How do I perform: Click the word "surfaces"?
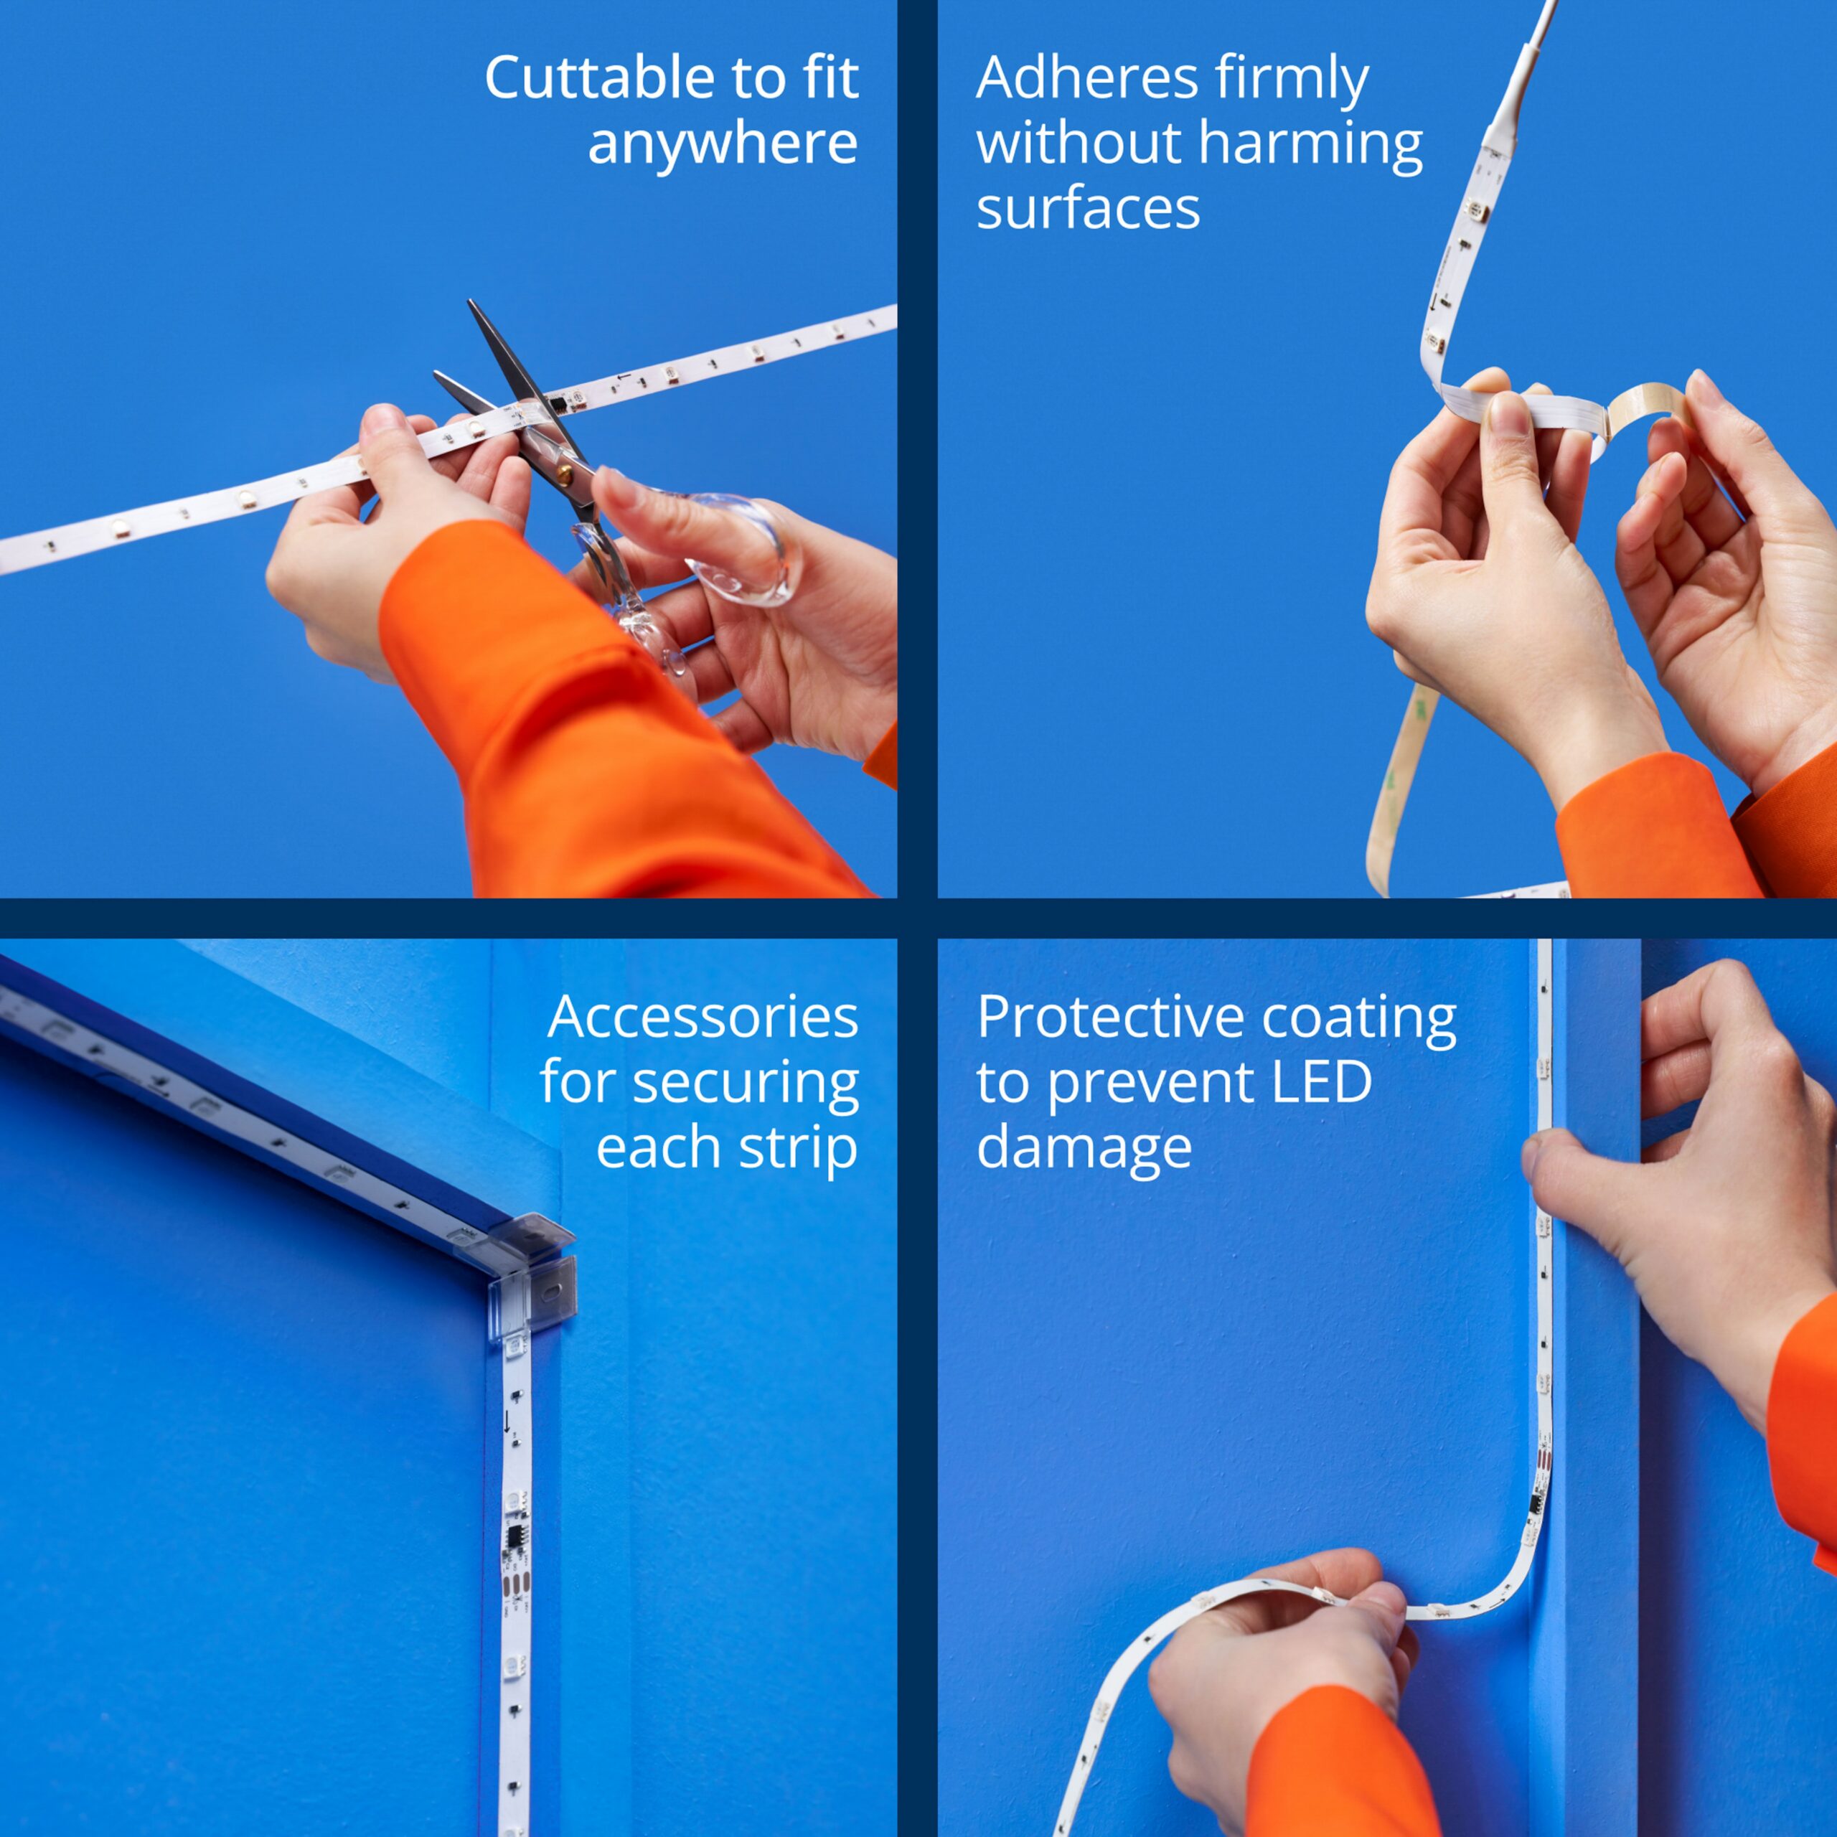point(1088,210)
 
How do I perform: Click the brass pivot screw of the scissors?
point(563,468)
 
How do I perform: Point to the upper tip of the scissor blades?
point(469,302)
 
